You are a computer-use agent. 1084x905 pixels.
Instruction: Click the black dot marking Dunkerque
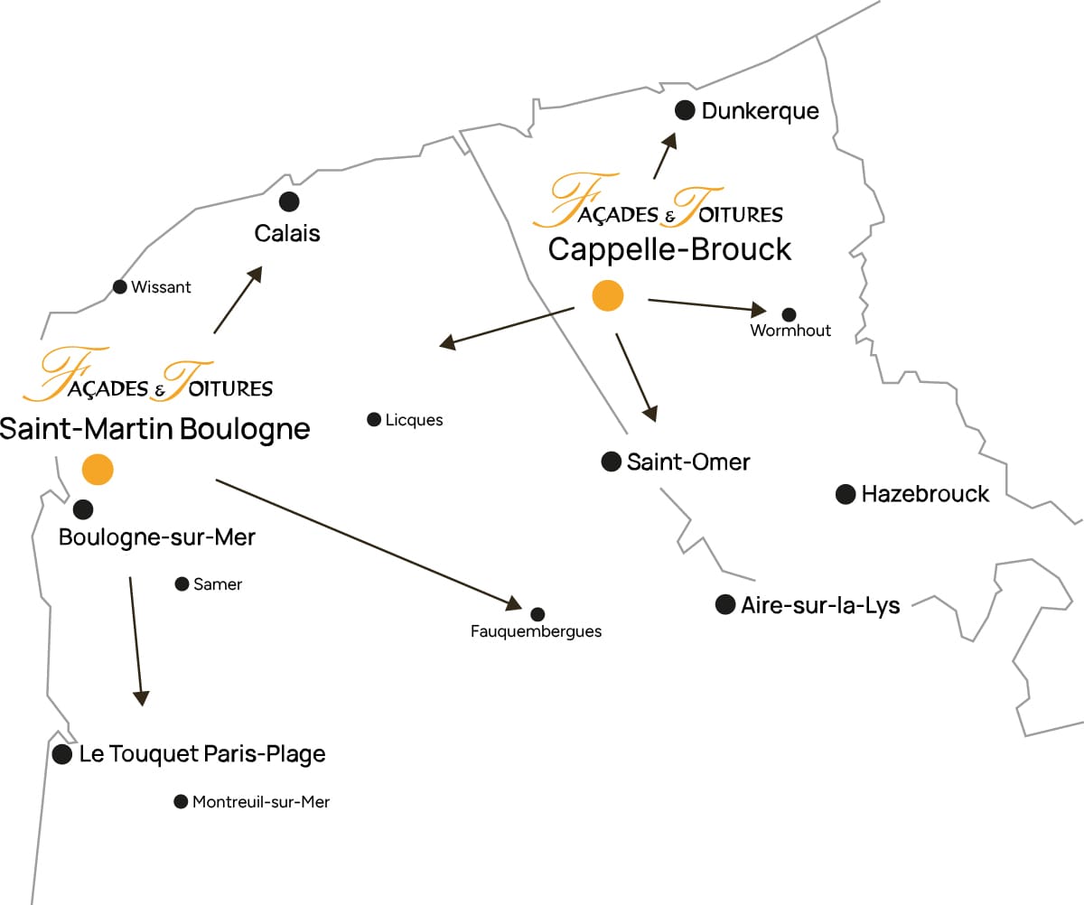click(x=685, y=110)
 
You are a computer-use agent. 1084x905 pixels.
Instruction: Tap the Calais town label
click(x=287, y=233)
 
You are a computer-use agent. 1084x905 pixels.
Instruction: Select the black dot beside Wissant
click(x=119, y=287)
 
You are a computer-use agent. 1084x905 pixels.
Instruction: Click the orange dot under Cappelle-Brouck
click(x=607, y=295)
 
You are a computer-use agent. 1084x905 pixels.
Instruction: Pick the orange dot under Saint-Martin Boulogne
click(x=97, y=469)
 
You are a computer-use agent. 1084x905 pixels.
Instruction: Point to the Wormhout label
click(x=790, y=331)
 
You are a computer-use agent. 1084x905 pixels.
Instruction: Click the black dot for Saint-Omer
click(x=612, y=462)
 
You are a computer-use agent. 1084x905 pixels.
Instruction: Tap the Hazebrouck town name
click(x=925, y=494)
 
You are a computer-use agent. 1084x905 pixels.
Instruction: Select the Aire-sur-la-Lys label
click(x=820, y=605)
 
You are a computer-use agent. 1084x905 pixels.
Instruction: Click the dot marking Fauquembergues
click(x=537, y=614)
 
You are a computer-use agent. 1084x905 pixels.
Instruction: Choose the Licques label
click(x=414, y=420)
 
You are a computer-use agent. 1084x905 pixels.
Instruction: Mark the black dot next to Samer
click(x=182, y=583)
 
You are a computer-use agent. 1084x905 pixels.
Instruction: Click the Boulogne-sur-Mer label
click(x=157, y=537)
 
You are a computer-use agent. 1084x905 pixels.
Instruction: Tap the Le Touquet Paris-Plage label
click(x=202, y=753)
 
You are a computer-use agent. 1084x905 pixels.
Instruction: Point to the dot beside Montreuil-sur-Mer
click(x=180, y=801)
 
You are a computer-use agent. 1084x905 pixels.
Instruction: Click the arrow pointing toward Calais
click(x=238, y=300)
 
